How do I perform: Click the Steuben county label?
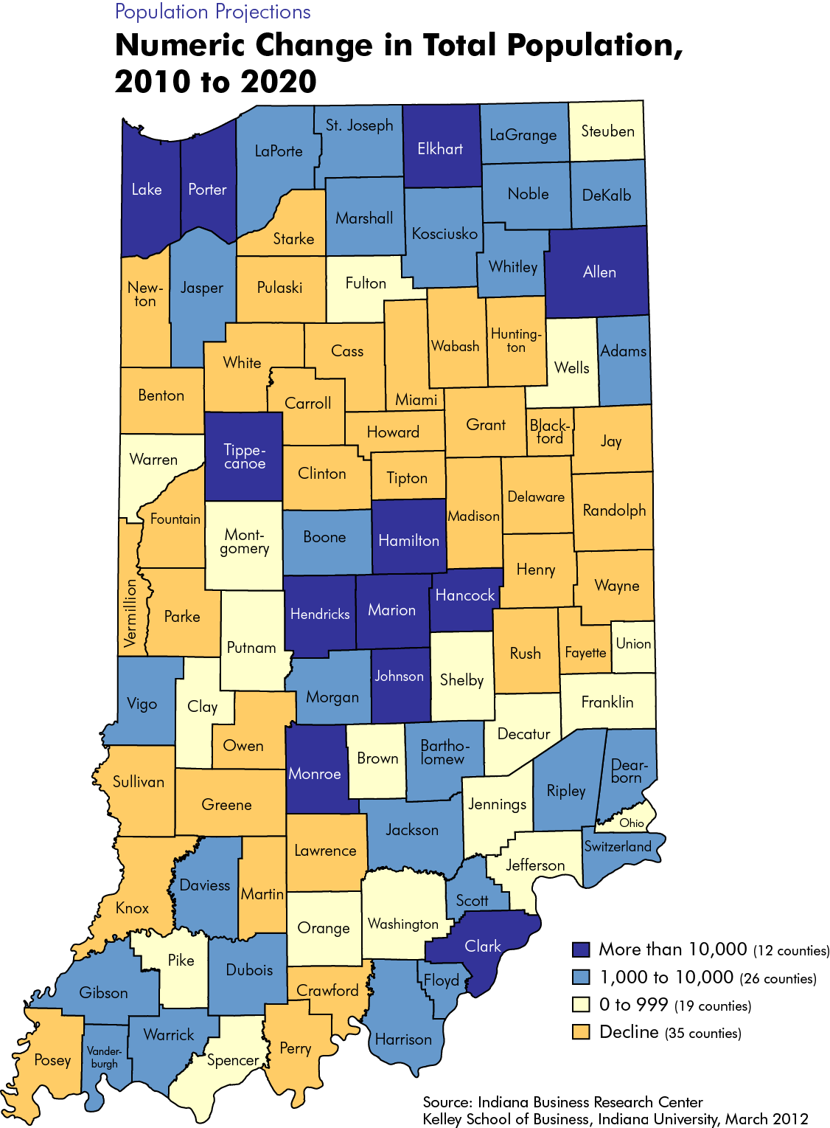pyautogui.click(x=607, y=131)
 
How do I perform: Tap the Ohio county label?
pyautogui.click(x=632, y=823)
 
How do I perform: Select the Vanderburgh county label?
pyautogui.click(x=104, y=1056)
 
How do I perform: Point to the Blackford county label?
pyautogui.click(x=550, y=432)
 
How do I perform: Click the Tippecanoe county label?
pyautogui.click(x=244, y=457)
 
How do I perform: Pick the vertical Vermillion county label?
pyautogui.click(x=130, y=613)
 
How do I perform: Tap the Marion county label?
pyautogui.click(x=391, y=610)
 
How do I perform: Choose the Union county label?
pyautogui.click(x=633, y=643)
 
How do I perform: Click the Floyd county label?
pyautogui.click(x=442, y=980)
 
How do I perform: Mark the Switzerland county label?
pyautogui.click(x=618, y=846)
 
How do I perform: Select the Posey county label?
pyautogui.click(x=52, y=1060)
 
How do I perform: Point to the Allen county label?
pyautogui.click(x=599, y=272)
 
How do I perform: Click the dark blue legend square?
pyautogui.click(x=581, y=949)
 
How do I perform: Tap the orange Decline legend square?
pyautogui.click(x=581, y=1032)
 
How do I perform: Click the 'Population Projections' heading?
pyautogui.click(x=212, y=12)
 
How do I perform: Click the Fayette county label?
pyautogui.click(x=585, y=652)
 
